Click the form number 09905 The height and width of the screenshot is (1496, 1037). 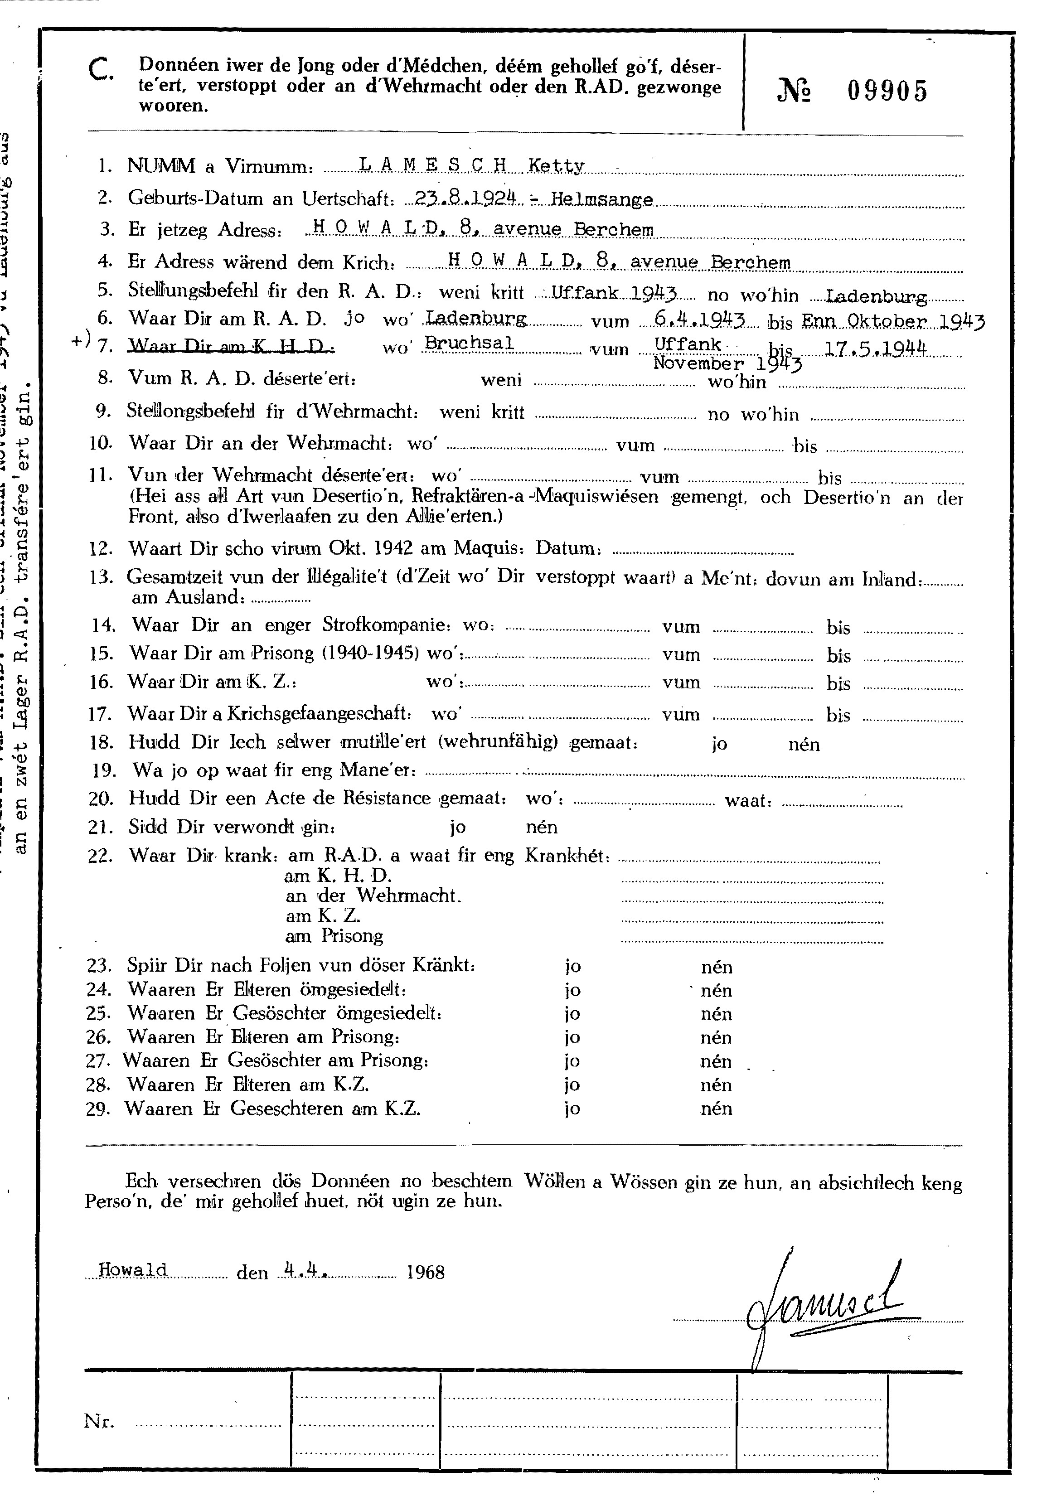pos(887,92)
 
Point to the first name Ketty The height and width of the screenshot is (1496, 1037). pos(556,166)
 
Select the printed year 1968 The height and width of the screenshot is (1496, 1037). pos(425,1271)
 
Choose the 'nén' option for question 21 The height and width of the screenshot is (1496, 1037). pos(541,827)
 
